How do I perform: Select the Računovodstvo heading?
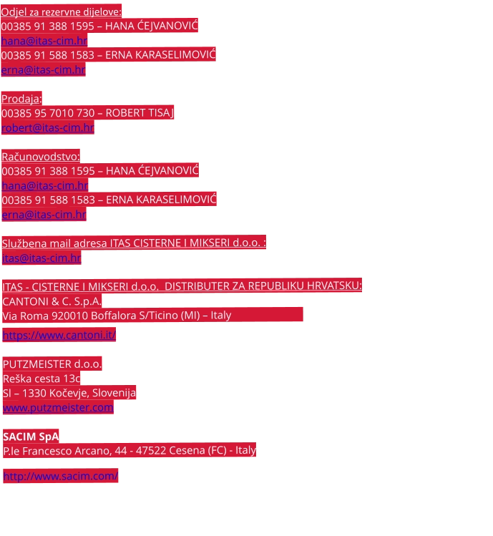pyautogui.click(x=41, y=157)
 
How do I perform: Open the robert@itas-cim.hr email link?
pyautogui.click(x=47, y=128)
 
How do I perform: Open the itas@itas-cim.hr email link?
pyautogui.click(x=42, y=258)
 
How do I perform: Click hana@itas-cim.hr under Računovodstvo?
pyautogui.click(x=44, y=185)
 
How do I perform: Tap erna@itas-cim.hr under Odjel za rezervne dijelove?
pyautogui.click(x=44, y=70)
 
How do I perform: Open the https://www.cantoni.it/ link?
pyautogui.click(x=59, y=335)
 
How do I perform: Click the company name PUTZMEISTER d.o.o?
pyautogui.click(x=52, y=364)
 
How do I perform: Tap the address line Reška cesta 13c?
pyautogui.click(x=42, y=378)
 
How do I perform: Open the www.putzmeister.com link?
pyautogui.click(x=58, y=407)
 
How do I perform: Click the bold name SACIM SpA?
pyautogui.click(x=31, y=436)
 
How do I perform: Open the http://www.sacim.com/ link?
pyautogui.click(x=61, y=476)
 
